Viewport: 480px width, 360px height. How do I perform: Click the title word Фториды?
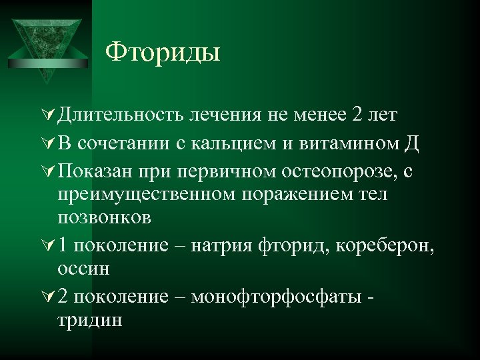(163, 51)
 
